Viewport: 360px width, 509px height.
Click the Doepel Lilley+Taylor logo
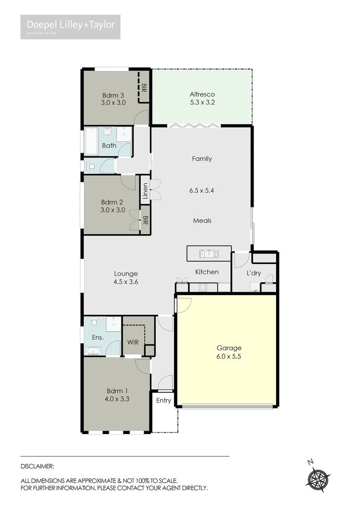[70, 26]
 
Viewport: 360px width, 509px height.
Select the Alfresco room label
[202, 94]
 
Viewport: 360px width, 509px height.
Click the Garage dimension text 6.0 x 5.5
[226, 357]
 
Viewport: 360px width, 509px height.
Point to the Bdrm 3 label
[113, 94]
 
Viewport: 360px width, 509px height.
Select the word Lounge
[126, 273]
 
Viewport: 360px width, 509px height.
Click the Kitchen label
[207, 272]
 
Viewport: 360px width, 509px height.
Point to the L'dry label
[254, 273]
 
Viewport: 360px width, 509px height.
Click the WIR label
[133, 342]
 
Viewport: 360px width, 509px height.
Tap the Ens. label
[98, 337]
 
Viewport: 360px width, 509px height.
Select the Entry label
[164, 401]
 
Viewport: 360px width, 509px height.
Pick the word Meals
[202, 221]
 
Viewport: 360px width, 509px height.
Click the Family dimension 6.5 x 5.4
[202, 190]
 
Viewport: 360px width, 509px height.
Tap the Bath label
[109, 146]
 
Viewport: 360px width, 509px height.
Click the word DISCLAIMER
[38, 466]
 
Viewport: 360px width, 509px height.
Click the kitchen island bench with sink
[209, 253]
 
